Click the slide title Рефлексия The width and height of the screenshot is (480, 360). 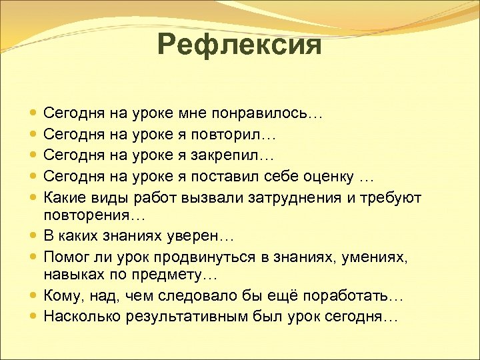[239, 45]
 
